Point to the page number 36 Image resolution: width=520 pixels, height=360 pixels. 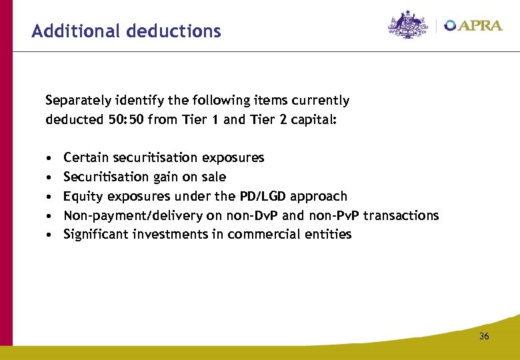484,336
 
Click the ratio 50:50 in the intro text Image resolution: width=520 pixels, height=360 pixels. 125,120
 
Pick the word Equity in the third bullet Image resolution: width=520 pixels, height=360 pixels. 80,197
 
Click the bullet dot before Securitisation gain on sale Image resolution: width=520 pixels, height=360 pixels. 50,178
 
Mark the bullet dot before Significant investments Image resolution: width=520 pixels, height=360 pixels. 50,235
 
